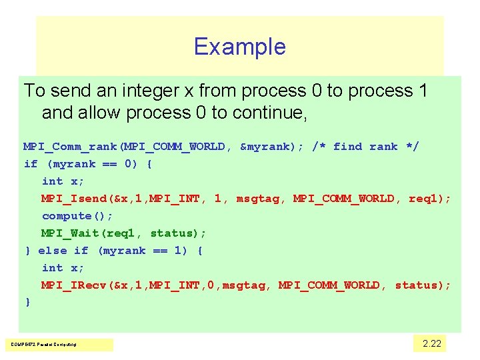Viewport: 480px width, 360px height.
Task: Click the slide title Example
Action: pyautogui.click(x=239, y=47)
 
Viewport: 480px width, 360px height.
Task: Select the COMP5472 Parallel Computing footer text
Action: pyautogui.click(x=43, y=345)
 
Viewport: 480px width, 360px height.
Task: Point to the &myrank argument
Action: pyautogui.click(x=269, y=147)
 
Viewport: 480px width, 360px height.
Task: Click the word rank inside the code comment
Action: pyautogui.click(x=383, y=147)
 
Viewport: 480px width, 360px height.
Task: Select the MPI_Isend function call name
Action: pyautogui.click(x=73, y=199)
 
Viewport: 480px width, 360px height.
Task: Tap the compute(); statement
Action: pyautogui.click(x=77, y=216)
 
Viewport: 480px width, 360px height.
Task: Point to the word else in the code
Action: pyautogui.click(x=53, y=251)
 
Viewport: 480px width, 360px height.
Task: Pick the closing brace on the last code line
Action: pyautogui.click(x=27, y=303)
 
